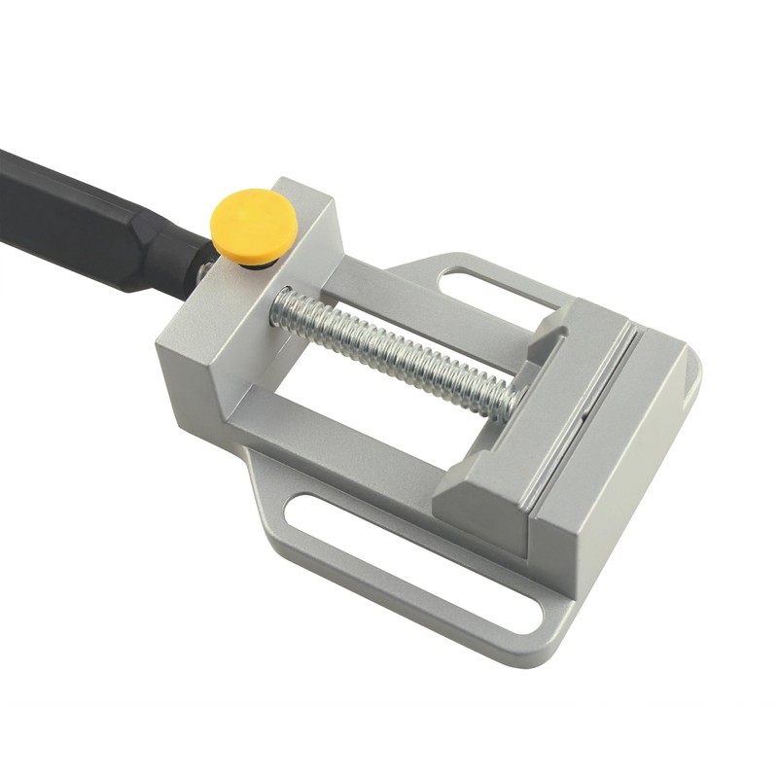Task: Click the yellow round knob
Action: (255, 223)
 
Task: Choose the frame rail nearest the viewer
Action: (340, 457)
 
